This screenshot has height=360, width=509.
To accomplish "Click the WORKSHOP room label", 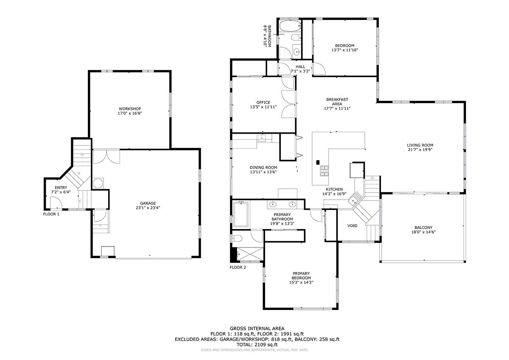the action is (130, 109).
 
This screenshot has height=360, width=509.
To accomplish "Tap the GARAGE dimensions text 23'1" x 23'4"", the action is (148, 208).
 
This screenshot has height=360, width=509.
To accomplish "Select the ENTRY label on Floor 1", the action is (61, 187).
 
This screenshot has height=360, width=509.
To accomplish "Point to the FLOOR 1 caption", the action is (51, 214).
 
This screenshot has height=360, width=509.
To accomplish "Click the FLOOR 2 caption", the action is (238, 267).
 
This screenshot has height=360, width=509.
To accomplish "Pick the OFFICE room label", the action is (263, 103).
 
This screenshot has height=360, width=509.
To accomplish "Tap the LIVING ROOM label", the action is (420, 145).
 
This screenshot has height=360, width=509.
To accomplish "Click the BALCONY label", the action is (424, 227).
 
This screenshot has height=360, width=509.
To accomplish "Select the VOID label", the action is (352, 226).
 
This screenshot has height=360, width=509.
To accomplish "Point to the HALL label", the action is (300, 67).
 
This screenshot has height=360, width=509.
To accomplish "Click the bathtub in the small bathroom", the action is (289, 26).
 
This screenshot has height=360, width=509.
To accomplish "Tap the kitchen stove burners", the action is (324, 171).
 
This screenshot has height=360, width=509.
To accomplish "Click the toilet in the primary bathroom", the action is (237, 238).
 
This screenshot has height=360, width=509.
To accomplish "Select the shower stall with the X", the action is (250, 254).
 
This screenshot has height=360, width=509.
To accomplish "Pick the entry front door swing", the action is (56, 202).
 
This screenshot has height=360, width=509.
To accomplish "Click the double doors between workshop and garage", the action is (106, 156).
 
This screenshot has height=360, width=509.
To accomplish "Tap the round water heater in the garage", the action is (98, 184).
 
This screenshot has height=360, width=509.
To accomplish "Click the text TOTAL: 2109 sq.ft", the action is (257, 345).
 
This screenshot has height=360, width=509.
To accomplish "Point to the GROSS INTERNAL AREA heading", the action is (257, 329).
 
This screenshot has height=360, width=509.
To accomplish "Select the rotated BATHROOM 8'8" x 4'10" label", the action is (267, 36).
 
